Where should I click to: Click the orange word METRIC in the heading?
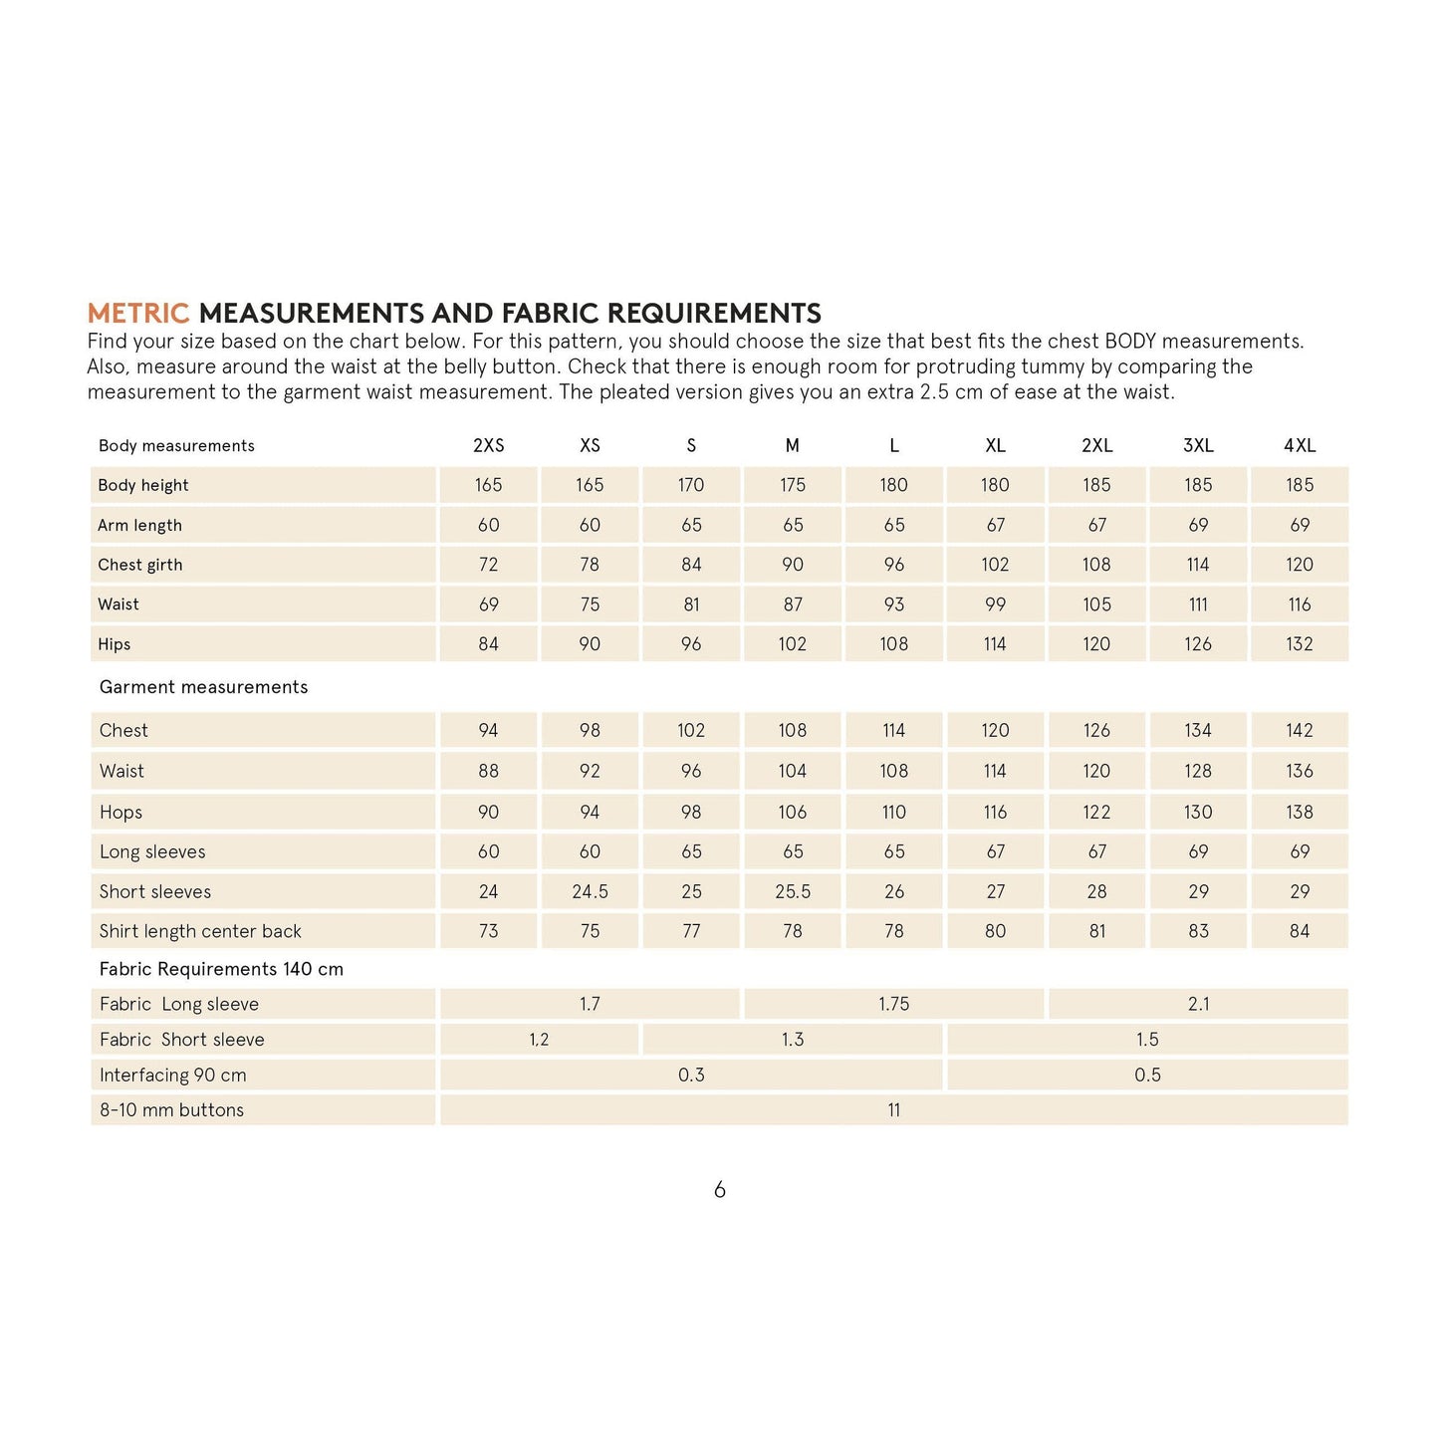(137, 314)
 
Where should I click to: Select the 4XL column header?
(1300, 446)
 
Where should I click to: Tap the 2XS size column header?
(488, 446)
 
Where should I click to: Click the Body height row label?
(143, 486)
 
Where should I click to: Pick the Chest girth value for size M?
(793, 565)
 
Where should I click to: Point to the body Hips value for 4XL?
(1300, 644)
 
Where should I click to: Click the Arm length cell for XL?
(995, 525)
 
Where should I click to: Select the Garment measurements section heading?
(203, 687)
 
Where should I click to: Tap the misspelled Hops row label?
(120, 813)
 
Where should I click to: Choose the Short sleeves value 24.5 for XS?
(590, 892)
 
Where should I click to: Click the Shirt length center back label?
(200, 932)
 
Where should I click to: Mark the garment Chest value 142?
(1300, 731)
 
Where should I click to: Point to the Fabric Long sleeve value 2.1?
(1198, 1005)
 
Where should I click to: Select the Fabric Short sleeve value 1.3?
(793, 1040)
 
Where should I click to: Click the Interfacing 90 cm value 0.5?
(1147, 1076)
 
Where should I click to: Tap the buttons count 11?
(894, 1110)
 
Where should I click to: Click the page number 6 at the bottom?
(719, 1190)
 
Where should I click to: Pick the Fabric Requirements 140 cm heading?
(221, 970)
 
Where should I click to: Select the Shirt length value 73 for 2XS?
(488, 932)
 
